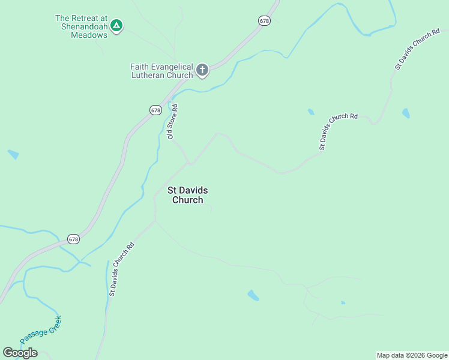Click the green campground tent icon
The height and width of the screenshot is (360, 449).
(117, 25)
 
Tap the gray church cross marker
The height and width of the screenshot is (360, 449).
(202, 71)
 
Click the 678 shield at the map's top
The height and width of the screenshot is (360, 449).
(265, 20)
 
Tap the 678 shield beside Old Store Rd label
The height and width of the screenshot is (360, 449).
(155, 110)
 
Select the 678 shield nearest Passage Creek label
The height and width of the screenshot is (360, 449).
(73, 239)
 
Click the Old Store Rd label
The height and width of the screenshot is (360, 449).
(173, 122)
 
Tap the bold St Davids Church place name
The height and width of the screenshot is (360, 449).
(188, 195)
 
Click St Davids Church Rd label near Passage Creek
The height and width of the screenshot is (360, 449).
(121, 269)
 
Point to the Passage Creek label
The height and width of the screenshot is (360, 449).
(40, 330)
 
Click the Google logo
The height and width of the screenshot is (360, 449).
(20, 353)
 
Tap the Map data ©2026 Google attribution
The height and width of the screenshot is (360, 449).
(412, 355)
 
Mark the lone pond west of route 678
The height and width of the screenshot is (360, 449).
(13, 154)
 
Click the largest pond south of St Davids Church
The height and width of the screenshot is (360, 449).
(253, 295)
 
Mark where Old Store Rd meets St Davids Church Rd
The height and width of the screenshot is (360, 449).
(191, 163)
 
